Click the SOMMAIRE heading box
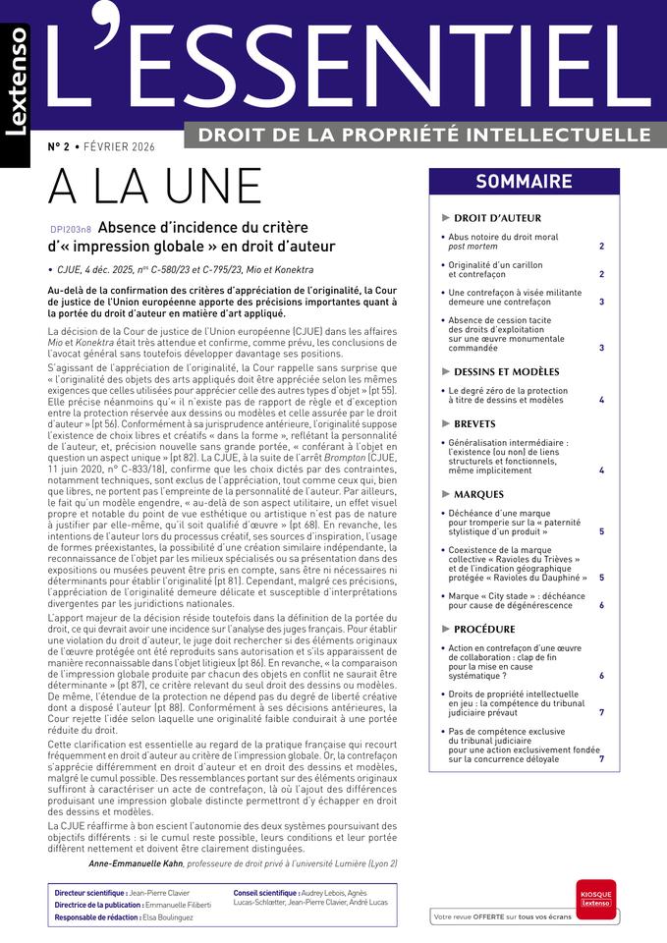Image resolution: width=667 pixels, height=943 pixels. [524, 181]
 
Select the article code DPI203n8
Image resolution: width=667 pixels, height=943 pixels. [70, 228]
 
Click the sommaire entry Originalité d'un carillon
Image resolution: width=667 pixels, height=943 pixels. [496, 270]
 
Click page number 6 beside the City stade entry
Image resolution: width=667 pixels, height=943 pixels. [601, 605]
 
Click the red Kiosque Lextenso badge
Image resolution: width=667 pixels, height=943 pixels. [596, 898]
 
